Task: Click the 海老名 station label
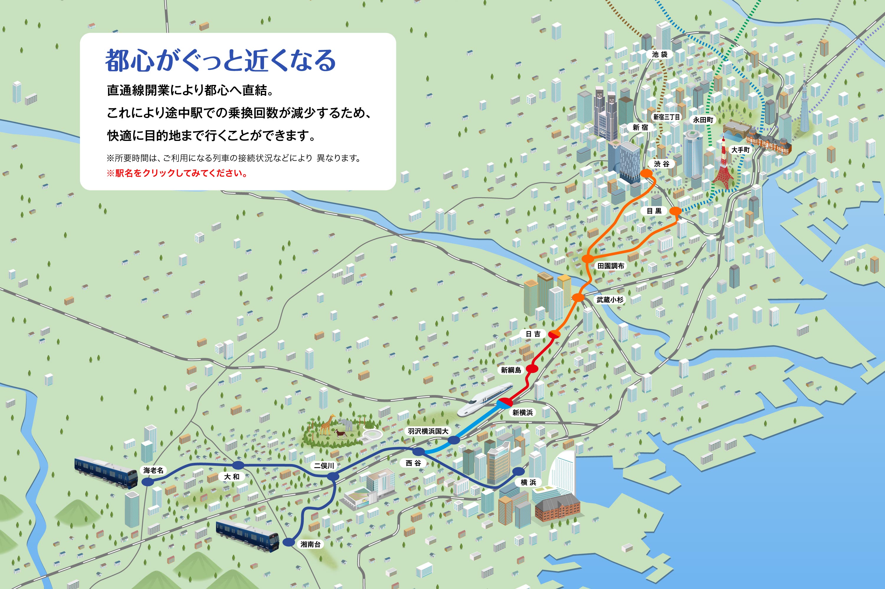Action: [x=153, y=470]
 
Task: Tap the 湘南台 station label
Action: [x=310, y=544]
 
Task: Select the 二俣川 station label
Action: [x=324, y=466]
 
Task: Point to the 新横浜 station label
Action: [x=522, y=412]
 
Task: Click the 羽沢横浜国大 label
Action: [x=428, y=431]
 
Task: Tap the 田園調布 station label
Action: [x=611, y=266]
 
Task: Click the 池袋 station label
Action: [x=660, y=55]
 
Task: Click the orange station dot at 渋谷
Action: [x=646, y=173]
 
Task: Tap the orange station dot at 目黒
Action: [x=675, y=211]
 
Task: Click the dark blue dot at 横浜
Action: [x=518, y=471]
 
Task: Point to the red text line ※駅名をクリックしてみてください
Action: [x=177, y=173]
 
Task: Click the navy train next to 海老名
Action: [x=106, y=472]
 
